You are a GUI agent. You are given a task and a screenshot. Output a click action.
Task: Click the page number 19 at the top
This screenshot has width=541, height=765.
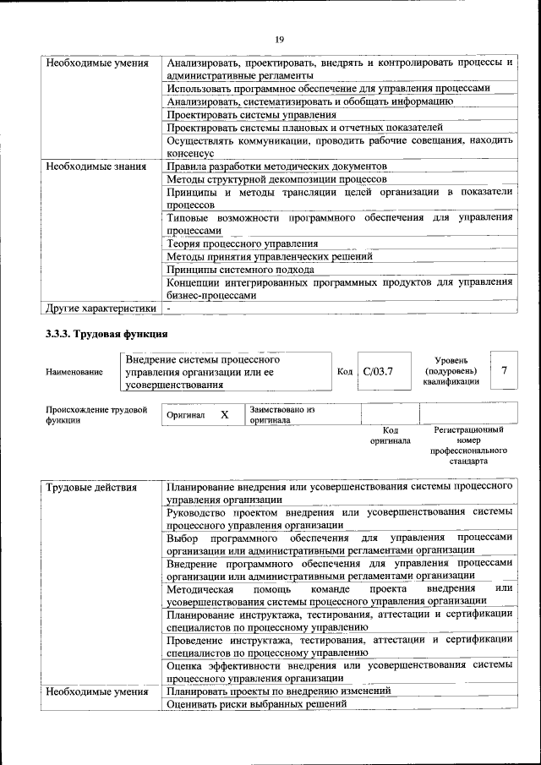click(x=279, y=37)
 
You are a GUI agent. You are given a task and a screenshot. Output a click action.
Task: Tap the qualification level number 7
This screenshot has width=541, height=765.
click(x=504, y=370)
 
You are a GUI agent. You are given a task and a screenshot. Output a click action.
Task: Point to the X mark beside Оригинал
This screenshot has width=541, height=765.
click(x=224, y=415)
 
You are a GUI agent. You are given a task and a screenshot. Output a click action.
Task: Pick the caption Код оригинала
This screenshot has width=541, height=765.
click(x=390, y=435)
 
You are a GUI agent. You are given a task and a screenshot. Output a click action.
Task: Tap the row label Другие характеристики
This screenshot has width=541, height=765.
click(x=101, y=309)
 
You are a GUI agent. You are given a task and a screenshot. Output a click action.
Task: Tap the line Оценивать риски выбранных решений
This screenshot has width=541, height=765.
click(x=257, y=704)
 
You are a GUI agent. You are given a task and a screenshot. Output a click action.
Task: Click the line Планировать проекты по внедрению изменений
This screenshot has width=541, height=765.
click(x=278, y=691)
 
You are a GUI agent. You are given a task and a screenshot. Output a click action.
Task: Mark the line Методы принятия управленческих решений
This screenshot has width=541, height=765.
click(x=270, y=256)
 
